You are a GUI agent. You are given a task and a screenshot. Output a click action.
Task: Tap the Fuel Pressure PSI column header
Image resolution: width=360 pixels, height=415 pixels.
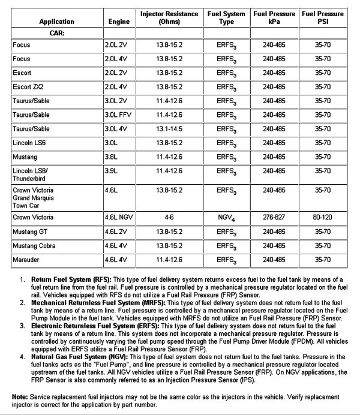click(323, 17)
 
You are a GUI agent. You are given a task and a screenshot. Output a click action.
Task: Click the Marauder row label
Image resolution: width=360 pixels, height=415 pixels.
click(26, 260)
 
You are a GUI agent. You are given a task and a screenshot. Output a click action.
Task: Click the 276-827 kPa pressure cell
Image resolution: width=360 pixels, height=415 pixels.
click(274, 217)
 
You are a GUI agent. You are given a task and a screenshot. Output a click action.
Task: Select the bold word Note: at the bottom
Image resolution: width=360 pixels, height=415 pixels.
click(20, 396)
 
